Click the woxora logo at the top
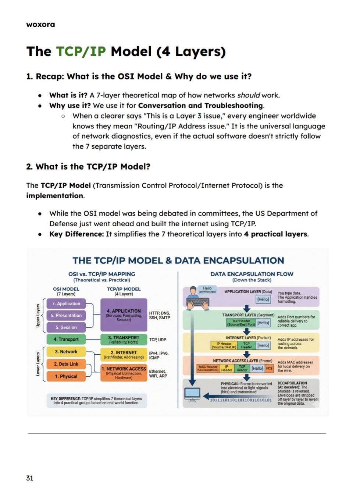[x=40, y=25]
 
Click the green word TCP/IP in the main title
[x=81, y=52]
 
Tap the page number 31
[x=30, y=478]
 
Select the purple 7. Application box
[x=66, y=303]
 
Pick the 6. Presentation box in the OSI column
[x=66, y=315]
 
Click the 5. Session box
[x=66, y=327]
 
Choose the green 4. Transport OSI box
[x=66, y=339]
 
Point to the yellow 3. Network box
[x=66, y=352]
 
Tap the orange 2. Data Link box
[x=66, y=364]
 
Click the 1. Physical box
[x=66, y=376]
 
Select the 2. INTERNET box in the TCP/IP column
[x=124, y=354]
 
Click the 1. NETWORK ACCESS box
[x=124, y=372]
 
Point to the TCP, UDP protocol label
[x=157, y=340]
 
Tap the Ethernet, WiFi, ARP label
[x=158, y=374]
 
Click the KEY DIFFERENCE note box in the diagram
[x=96, y=401]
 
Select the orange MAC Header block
[x=208, y=368]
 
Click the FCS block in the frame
[x=269, y=368]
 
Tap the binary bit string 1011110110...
[x=240, y=400]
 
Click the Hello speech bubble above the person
[x=207, y=290]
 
